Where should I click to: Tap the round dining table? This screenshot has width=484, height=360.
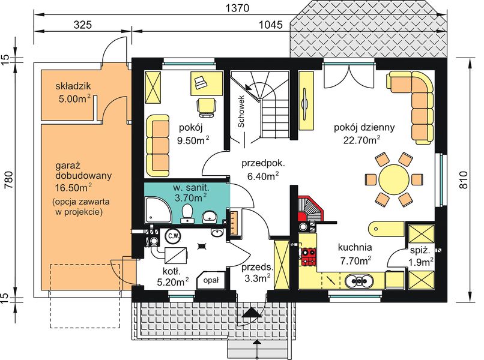[x=395, y=178]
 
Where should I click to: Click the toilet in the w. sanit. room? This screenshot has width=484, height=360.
[x=187, y=213]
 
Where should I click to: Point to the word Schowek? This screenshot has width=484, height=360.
[x=241, y=112]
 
